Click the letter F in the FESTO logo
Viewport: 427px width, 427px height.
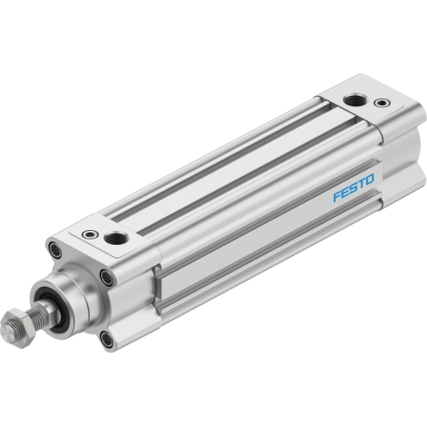(337, 196)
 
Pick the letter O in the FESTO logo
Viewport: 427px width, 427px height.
(369, 180)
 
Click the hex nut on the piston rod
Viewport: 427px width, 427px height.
(18, 329)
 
